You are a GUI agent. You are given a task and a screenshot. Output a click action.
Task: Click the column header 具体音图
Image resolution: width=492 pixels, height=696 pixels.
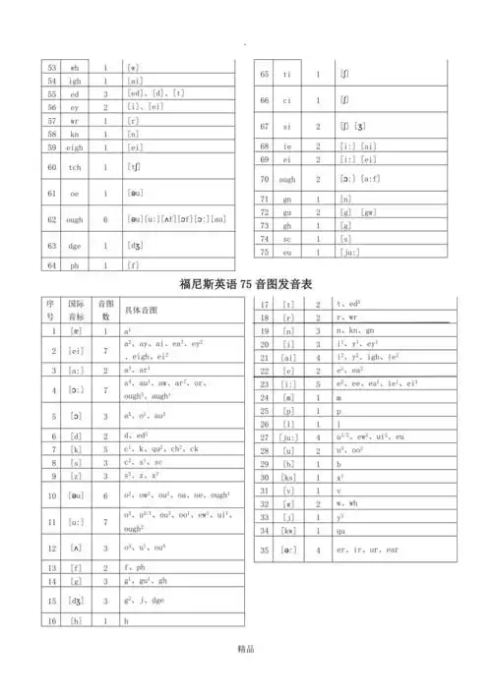143,309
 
